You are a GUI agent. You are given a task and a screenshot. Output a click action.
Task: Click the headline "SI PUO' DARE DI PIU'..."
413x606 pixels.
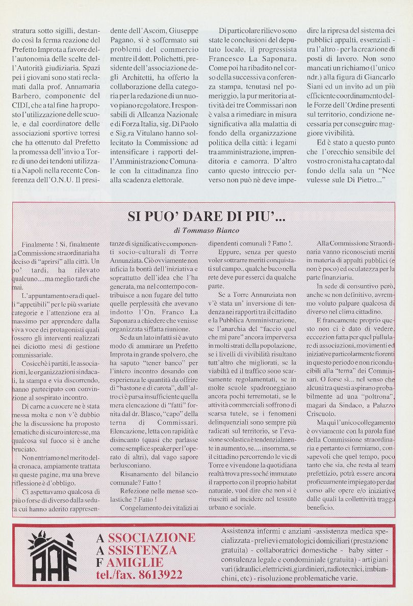click(x=206, y=216)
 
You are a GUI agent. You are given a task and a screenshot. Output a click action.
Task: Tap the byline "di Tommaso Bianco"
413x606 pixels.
click(x=206, y=231)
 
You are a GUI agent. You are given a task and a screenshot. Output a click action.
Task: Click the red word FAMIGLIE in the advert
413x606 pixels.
click(x=135, y=563)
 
